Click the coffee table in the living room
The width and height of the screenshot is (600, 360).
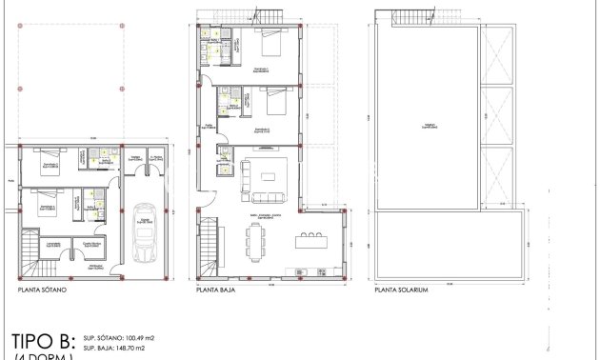coord(269,176)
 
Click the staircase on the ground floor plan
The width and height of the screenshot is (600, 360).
coord(210,247)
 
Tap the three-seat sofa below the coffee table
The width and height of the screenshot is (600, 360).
coord(268,196)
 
